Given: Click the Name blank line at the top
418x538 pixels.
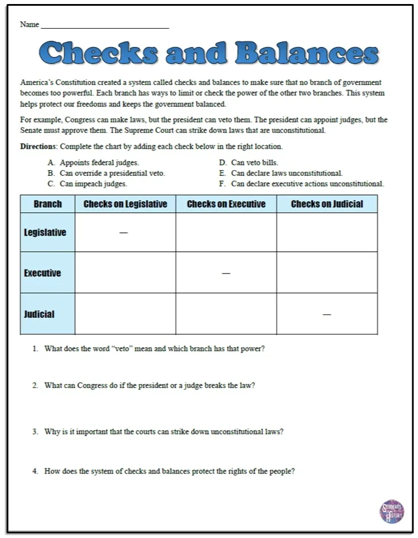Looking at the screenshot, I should [x=105, y=27].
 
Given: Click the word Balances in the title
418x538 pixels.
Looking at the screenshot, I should [x=307, y=54].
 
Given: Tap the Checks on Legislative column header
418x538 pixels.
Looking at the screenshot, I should [x=125, y=204].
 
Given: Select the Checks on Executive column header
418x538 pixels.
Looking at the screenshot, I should [x=226, y=204].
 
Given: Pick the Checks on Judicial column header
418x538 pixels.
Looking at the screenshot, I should [x=327, y=204].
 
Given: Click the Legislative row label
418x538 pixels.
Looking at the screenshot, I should [x=45, y=233].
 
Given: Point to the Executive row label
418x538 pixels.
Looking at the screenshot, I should [x=43, y=273].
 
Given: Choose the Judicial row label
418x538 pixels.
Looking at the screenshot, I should [x=39, y=314].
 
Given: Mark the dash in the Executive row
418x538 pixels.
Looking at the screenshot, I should [x=226, y=274].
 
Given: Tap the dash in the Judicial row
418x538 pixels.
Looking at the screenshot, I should [x=327, y=314].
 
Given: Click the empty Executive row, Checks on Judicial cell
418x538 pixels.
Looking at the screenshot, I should [x=327, y=273].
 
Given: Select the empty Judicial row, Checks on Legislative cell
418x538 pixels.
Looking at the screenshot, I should [x=125, y=314].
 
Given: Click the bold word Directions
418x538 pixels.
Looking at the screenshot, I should [x=39, y=147].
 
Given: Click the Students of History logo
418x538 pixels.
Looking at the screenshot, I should [x=392, y=510].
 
